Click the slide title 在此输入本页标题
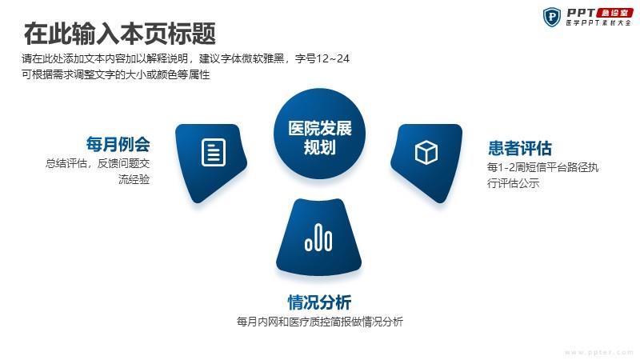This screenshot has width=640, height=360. pos(119,34)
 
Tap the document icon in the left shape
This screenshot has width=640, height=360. pos(214,153)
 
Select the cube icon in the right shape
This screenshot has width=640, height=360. pos(426,152)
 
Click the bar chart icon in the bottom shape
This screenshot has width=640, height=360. pos(318,238)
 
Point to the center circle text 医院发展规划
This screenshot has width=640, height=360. pos(319,138)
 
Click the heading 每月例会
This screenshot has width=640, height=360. pos(118,144)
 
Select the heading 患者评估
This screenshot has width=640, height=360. pos(520,148)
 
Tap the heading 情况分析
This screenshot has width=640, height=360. pos(319,302)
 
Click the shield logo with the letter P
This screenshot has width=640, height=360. pos(552,17)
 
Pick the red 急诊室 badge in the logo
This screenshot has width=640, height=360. pos(614,13)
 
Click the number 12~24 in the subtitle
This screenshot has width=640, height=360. pos(333,58)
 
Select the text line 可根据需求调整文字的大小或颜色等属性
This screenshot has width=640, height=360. pos(116,74)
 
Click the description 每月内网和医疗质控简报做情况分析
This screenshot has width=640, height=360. pos(319,322)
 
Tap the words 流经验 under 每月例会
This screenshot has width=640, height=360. pos(134,179)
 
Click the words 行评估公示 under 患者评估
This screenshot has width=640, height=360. pos(513,183)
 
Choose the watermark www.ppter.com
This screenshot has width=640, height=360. pos(598,352)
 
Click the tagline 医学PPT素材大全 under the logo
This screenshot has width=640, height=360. pos(598,23)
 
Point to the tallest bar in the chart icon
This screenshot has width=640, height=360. pos(318,237)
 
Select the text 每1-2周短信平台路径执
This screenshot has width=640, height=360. pos(542,167)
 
